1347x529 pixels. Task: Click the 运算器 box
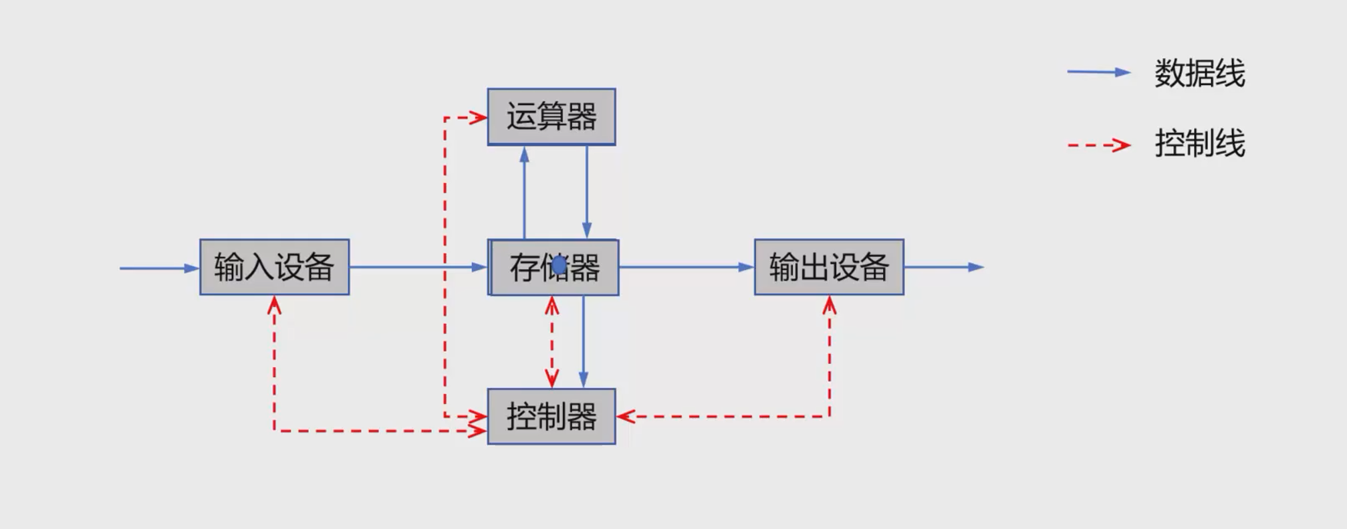pyautogui.click(x=552, y=117)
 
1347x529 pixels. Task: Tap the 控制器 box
pyautogui.click(x=552, y=417)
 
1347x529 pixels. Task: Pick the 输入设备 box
pyautogui.click(x=274, y=268)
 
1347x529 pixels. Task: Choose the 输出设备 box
pyautogui.click(x=829, y=268)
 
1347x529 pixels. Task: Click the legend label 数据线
pyautogui.click(x=1199, y=74)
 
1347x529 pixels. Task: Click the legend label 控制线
pyautogui.click(x=1199, y=144)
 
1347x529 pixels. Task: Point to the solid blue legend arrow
pyautogui.click(x=1098, y=72)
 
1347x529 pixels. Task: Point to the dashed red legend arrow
pyautogui.click(x=1098, y=144)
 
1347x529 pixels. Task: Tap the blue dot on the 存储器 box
pyautogui.click(x=560, y=266)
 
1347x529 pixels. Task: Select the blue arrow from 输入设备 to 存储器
pyautogui.click(x=418, y=268)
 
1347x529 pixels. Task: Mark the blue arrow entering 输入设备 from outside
pyautogui.click(x=159, y=268)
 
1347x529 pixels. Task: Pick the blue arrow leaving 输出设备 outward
pyautogui.click(x=943, y=268)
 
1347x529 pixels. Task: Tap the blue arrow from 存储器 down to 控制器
pyautogui.click(x=584, y=342)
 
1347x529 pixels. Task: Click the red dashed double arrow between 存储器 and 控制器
pyautogui.click(x=552, y=342)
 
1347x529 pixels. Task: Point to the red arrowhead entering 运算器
pyautogui.click(x=479, y=118)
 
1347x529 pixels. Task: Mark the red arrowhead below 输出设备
pyautogui.click(x=830, y=306)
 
